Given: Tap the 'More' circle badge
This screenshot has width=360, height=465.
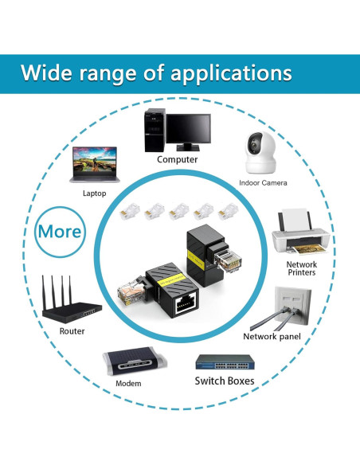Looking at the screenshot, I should tap(61, 232).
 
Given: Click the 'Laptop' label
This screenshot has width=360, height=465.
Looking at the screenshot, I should tap(94, 193).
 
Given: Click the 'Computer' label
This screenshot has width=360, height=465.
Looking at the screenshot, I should tap(177, 159).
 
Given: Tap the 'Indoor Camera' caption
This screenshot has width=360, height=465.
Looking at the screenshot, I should tap(263, 183).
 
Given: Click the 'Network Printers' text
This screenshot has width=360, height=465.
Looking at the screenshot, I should tap(302, 268).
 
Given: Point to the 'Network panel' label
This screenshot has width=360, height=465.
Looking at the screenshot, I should tap(272, 337).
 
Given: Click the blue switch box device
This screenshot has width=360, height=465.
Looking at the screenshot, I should tap(225, 361).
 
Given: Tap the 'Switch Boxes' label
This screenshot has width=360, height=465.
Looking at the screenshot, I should tap(225, 381).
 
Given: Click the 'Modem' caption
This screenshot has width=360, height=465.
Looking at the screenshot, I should tap(128, 384).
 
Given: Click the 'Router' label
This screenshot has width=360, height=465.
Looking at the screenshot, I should tap(72, 330).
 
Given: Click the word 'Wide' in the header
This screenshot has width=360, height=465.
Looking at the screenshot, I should tap(48, 73).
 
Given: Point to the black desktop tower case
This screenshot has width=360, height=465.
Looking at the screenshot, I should tap(154, 129).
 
